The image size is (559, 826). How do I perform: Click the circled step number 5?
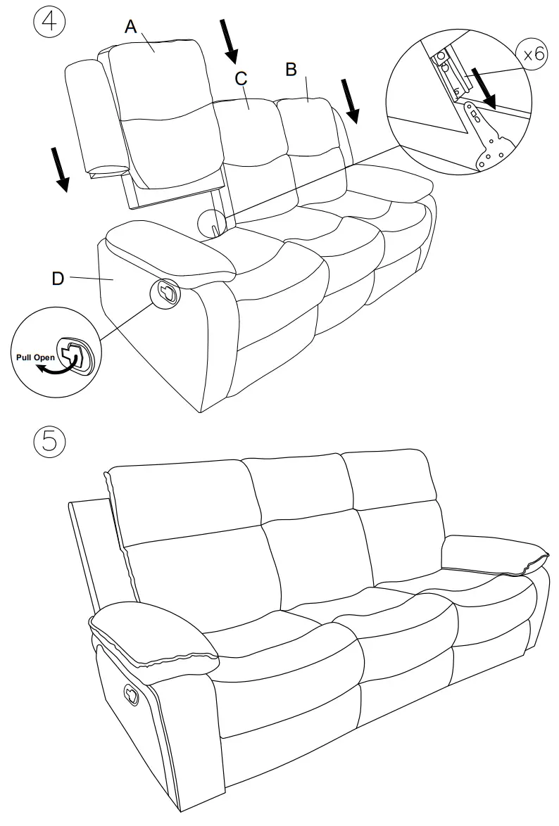point(49,442)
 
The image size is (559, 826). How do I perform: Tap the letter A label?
point(130,27)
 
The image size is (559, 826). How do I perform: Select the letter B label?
point(290,69)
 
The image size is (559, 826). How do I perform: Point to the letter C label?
point(241,79)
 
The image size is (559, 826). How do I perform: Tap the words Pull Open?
point(35,357)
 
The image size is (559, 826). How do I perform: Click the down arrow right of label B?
point(350,101)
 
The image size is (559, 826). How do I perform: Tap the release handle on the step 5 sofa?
point(132,694)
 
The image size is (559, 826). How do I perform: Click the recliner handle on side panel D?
point(167,292)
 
